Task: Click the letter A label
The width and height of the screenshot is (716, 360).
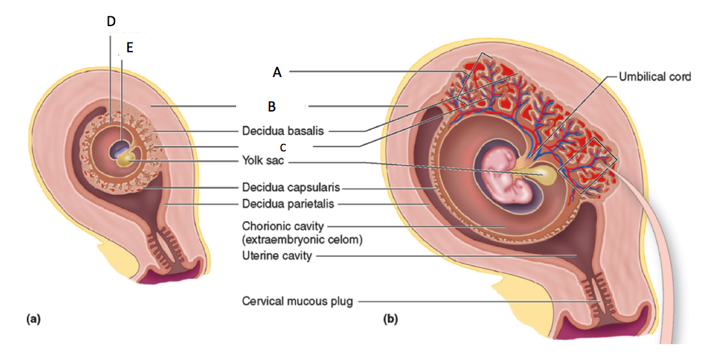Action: click(x=277, y=71)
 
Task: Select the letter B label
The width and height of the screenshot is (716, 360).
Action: click(x=272, y=107)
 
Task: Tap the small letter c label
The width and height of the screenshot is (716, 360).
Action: click(x=283, y=147)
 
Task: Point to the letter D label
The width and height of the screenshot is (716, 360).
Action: click(x=111, y=21)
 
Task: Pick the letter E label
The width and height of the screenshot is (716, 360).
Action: click(x=129, y=47)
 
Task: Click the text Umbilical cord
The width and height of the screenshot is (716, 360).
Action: click(x=654, y=76)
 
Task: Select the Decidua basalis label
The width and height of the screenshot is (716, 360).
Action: click(x=282, y=129)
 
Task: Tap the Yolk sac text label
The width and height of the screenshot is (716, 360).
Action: click(x=262, y=162)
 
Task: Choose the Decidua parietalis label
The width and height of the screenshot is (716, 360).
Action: click(x=289, y=203)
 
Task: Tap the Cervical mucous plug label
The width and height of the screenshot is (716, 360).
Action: click(x=297, y=301)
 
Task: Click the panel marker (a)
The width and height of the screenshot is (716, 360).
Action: click(x=33, y=319)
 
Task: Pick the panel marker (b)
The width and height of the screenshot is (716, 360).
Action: click(x=390, y=319)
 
